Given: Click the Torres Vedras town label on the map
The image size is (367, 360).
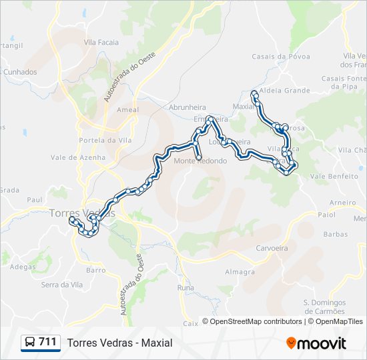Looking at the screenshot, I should coord(81,213).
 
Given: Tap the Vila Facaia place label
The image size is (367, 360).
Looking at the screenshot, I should coord(101,42).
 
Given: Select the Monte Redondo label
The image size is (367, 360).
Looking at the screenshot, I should coord(200,161).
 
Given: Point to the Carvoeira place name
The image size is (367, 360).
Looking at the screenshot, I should coord(271,247).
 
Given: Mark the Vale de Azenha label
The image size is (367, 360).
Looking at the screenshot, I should coord(78,157).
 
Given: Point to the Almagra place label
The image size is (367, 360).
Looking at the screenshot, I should coord(240,272).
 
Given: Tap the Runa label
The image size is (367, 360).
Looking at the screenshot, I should coord(186,287).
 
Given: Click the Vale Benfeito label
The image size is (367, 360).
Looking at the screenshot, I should coord(334,176).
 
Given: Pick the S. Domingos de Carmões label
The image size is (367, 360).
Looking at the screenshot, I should coord(324,307).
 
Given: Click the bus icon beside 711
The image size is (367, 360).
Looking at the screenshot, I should coord(29,343).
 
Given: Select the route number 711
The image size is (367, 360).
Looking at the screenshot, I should coord(47,342).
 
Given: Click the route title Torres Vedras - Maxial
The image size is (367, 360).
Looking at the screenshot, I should coord(119,343).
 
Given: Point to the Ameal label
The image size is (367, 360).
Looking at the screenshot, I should coord(127,109).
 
